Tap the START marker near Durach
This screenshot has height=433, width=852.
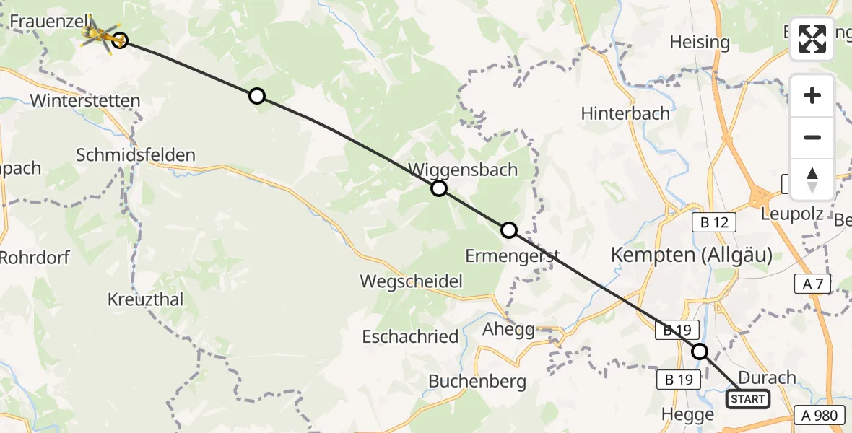coord(747,399)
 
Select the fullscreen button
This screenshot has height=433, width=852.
coord(812,39)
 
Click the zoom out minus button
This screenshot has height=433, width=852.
coord(812,137)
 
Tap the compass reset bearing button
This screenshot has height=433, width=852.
coord(812,179)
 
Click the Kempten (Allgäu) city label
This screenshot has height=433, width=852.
coord(691,255)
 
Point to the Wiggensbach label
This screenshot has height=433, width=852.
coord(463,170)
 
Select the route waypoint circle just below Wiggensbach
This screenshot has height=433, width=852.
coord(439,189)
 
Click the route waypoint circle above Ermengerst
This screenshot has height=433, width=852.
coord(509,230)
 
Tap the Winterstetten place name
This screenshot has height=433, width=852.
coord(85,100)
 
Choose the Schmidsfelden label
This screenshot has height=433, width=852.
coord(136,154)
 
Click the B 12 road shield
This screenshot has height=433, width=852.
coord(715,222)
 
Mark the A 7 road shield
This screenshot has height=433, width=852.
coord(814,284)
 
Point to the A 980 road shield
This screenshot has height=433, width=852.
coord(820,416)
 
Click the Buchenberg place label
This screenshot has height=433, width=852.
coord(477,381)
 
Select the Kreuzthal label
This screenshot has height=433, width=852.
coord(145,299)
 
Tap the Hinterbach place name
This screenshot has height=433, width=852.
coord(626,113)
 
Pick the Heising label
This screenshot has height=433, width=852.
coord(699,42)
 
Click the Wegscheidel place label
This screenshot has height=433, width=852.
coord(412,281)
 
